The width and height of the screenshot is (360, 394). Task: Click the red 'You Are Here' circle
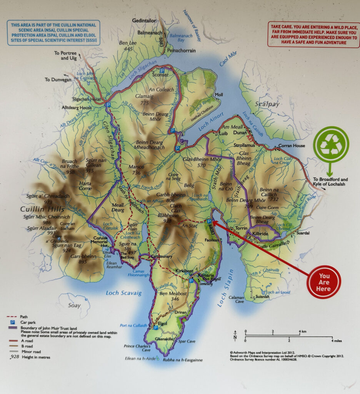(x=323, y=282)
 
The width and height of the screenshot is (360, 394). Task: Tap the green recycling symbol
(x=331, y=144)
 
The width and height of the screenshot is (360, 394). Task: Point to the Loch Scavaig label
(x=123, y=293)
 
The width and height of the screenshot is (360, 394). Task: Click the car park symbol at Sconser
(x=162, y=71)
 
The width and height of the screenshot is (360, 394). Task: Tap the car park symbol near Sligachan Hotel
(x=108, y=105)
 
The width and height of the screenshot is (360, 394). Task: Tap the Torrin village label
(x=241, y=228)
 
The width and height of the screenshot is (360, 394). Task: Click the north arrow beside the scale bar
(x=235, y=337)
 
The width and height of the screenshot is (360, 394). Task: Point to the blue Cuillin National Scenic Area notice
(x=53, y=33)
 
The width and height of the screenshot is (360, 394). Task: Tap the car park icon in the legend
(x=12, y=321)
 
